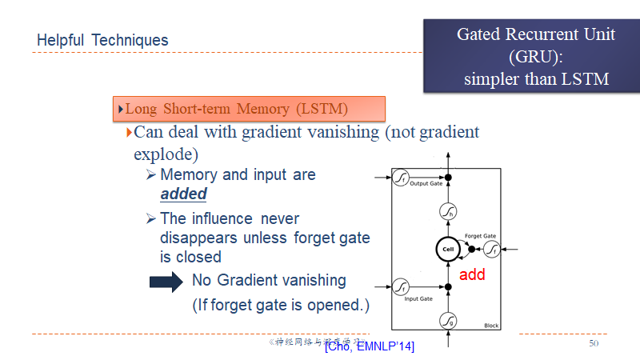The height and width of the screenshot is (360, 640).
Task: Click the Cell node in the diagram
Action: pyautogui.click(x=448, y=250)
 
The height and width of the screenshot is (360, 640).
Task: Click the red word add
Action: pyautogui.click(x=472, y=274)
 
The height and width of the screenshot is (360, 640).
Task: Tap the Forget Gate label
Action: pyautogui.click(x=480, y=236)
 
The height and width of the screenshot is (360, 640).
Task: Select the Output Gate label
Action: pyautogui.click(x=426, y=184)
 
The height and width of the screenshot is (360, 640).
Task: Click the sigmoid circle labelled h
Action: pyautogui.click(x=448, y=212)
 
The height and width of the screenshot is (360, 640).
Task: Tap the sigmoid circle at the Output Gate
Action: pyautogui.click(x=402, y=177)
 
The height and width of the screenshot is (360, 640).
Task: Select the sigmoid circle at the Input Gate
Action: pyautogui.click(x=402, y=286)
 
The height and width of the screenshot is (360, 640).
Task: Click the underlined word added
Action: pyautogui.click(x=183, y=194)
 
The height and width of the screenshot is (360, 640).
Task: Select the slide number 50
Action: pyautogui.click(x=594, y=343)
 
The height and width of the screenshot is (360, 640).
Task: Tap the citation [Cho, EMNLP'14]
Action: pyautogui.click(x=370, y=346)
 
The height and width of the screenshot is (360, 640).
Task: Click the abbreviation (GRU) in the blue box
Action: pyautogui.click(x=535, y=57)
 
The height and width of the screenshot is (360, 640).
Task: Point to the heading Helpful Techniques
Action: pyautogui.click(x=102, y=40)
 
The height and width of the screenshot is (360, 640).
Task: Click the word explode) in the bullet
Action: pyautogui.click(x=166, y=152)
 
